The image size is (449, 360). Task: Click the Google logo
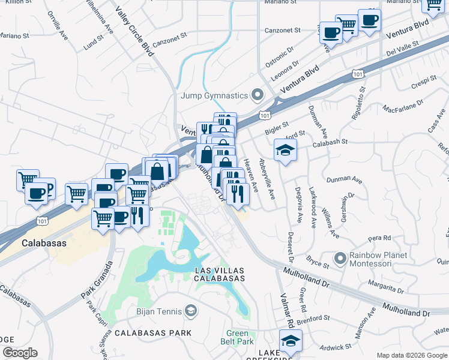pos(20,353)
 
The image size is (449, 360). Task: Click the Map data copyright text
pos(412,355)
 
